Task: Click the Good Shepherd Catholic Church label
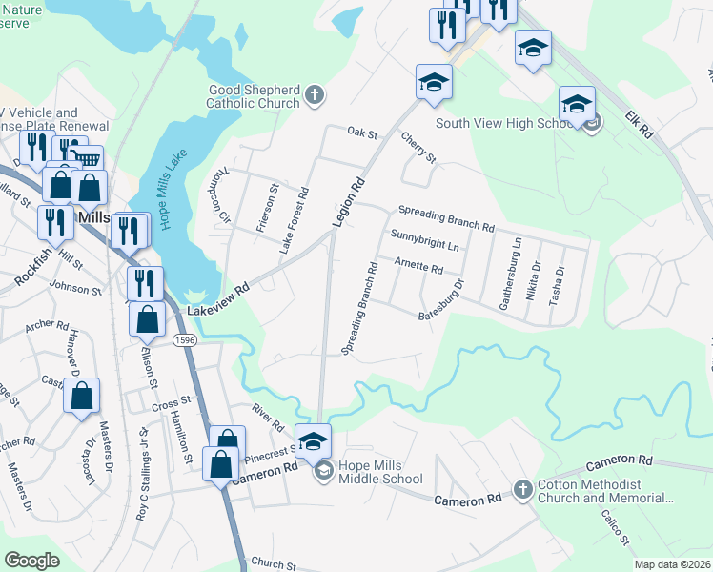255,95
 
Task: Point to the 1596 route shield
185,339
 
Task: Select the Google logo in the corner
32,561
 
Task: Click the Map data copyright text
673,564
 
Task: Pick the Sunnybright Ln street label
424,239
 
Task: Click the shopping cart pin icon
86,159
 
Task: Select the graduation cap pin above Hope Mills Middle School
313,439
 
